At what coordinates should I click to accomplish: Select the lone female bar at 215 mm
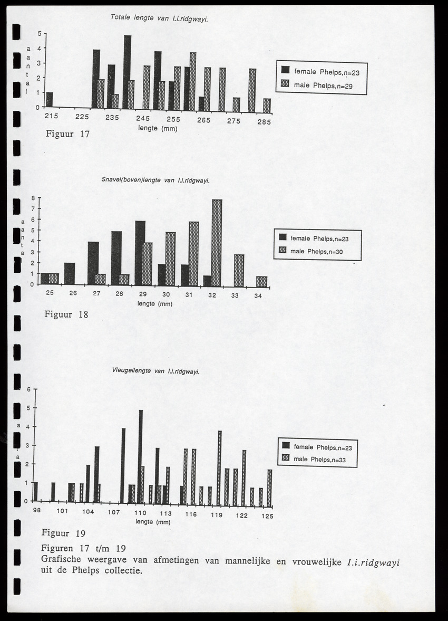[50, 100]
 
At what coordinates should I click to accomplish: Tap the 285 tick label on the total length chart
[264, 121]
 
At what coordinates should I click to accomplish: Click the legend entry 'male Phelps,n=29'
[323, 85]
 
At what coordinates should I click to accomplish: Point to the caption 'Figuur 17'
[68, 134]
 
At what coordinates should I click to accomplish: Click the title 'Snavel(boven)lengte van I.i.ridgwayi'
[155, 180]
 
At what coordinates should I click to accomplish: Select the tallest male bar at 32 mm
[216, 243]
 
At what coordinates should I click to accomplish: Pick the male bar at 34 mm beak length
[261, 282]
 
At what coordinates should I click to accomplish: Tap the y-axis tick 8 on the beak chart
[32, 198]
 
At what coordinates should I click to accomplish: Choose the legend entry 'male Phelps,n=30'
[316, 252]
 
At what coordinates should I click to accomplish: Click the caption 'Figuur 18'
[65, 315]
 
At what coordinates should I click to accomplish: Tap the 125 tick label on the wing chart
[267, 516]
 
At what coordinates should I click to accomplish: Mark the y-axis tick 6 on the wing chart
[30, 389]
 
